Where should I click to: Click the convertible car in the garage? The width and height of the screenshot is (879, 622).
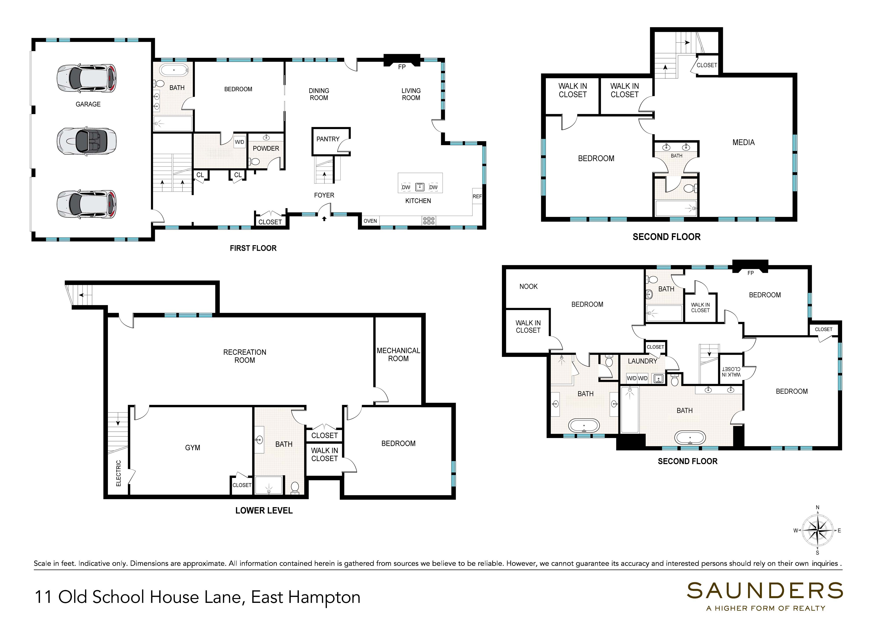(87, 141)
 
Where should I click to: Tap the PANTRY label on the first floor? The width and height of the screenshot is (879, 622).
(328, 139)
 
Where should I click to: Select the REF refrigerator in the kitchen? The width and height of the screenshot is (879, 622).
(477, 196)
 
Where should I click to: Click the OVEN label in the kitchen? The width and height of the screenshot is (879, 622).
(370, 221)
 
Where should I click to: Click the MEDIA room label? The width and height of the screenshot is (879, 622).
(743, 143)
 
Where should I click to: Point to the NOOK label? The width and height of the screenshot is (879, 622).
(528, 287)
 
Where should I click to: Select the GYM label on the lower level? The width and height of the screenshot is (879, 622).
(193, 448)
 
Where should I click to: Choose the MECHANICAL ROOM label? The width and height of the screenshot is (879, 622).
(398, 355)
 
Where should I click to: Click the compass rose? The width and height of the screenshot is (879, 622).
(817, 531)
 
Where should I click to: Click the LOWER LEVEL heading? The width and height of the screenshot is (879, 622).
(264, 511)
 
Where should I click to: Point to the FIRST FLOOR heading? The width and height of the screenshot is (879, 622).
(253, 248)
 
